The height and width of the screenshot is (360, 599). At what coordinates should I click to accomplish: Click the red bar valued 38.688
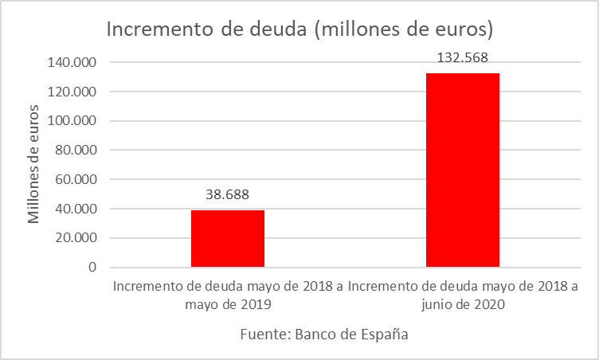[x=228, y=238]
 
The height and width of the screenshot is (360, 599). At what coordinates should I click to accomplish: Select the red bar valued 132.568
[x=463, y=170]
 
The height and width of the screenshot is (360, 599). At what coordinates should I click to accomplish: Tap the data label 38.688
[x=228, y=194]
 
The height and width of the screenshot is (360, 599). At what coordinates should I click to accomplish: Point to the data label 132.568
[x=463, y=57]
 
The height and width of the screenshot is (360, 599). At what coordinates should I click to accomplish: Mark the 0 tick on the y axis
[x=92, y=268]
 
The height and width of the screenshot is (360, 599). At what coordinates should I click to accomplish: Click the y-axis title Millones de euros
[x=33, y=163]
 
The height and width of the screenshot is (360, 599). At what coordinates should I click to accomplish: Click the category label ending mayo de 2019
[x=228, y=295]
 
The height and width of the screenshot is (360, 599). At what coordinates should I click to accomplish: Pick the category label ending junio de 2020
[x=463, y=295]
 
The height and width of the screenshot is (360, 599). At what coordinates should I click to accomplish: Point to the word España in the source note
[x=383, y=335]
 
